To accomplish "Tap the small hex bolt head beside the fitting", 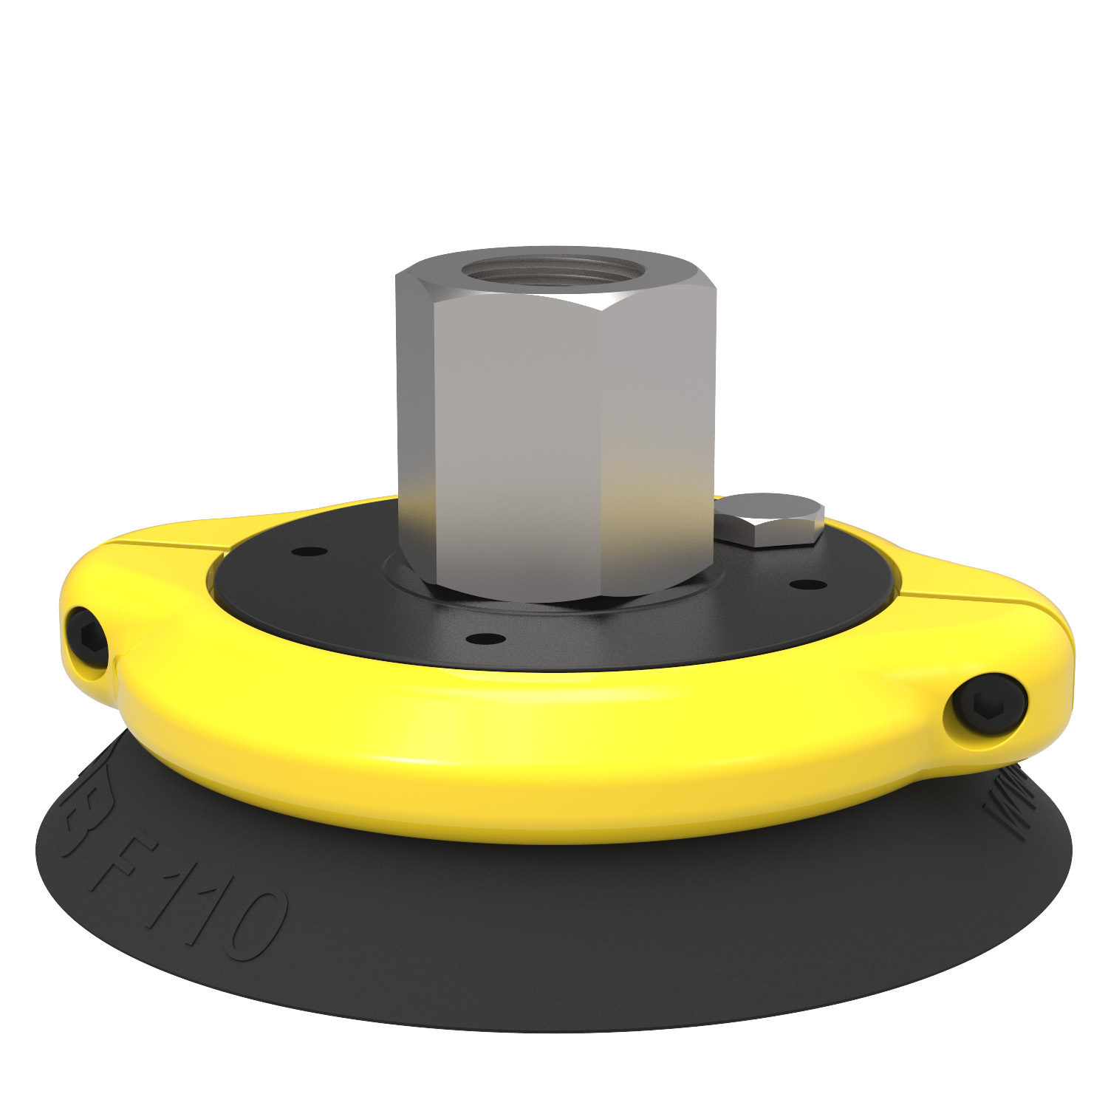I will tap(773, 519).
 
